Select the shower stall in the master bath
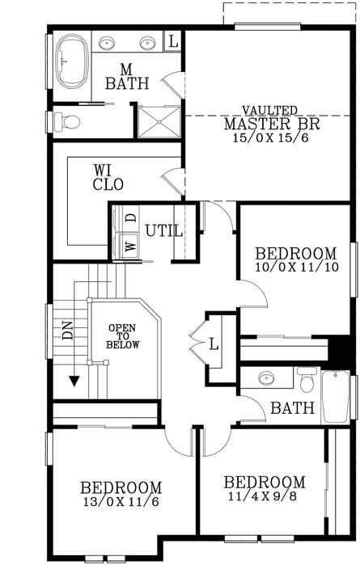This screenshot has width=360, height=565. [158, 122]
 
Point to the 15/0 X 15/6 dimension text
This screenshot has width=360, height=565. [272, 139]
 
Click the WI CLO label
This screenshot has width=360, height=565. [108, 178]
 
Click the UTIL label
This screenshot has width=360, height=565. [164, 231]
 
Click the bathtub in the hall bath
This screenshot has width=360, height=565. [335, 396]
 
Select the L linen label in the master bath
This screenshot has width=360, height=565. [174, 40]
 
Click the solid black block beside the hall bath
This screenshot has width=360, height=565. [340, 349]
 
